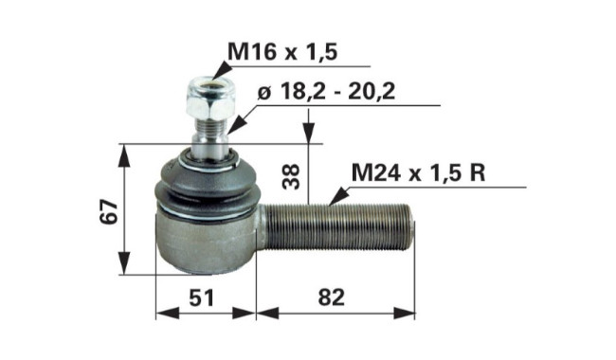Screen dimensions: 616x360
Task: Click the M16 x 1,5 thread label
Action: pos(282,52)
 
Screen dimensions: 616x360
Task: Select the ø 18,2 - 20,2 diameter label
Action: pos(326,92)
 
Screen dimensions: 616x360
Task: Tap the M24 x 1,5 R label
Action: pos(418,172)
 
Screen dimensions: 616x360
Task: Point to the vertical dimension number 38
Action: pos(292,176)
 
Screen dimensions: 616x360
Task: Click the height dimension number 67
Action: pos(108,211)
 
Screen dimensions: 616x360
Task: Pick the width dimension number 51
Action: pos(202,297)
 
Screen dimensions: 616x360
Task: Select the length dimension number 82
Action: pos(331,297)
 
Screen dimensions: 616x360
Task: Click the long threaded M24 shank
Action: pos(338,227)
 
